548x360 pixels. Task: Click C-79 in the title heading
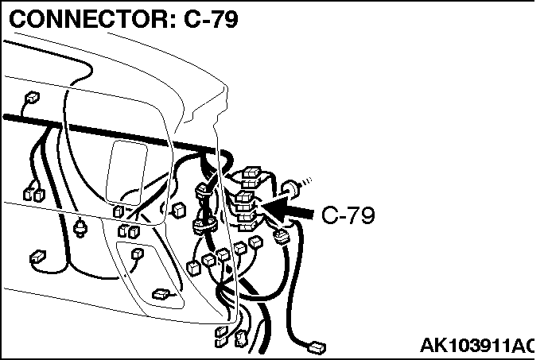[212, 19]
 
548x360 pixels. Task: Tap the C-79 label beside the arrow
[348, 215]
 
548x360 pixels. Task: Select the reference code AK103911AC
[477, 346]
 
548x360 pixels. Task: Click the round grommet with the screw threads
[291, 189]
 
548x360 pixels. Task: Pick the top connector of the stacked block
[251, 172]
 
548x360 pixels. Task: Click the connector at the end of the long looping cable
[317, 348]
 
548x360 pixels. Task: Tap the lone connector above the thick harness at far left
[32, 97]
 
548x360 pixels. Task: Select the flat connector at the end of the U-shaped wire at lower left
[37, 257]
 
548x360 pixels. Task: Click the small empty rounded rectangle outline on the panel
[126, 172]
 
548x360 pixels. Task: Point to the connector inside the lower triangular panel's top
[137, 254]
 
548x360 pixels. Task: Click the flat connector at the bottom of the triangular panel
[161, 294]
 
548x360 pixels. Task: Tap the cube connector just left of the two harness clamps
[179, 211]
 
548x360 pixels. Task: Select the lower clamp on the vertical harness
[204, 225]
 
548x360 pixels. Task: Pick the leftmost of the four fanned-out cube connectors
[194, 268]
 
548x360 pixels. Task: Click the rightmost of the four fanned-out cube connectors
[256, 242]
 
